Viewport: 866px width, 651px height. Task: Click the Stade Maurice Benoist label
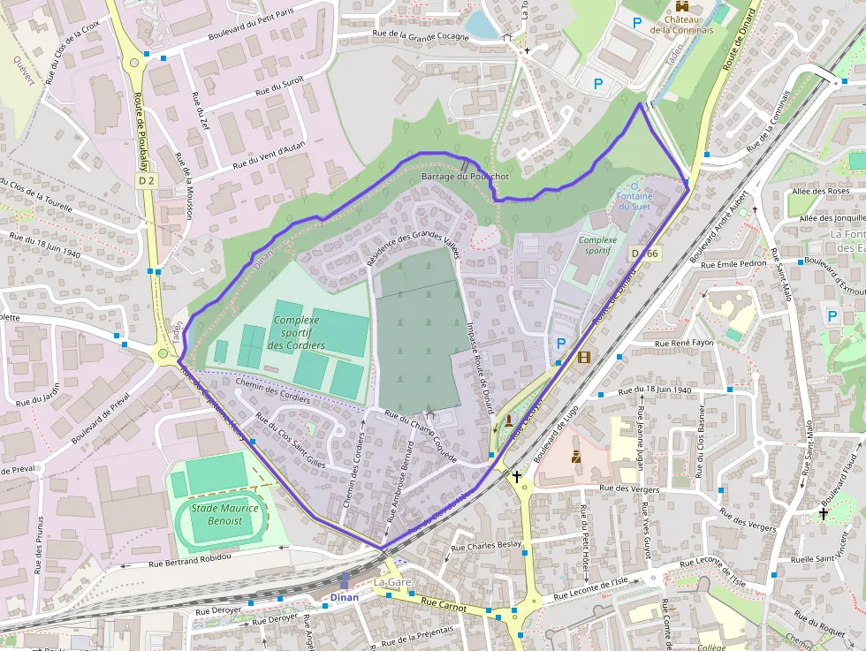pyautogui.click(x=225, y=513)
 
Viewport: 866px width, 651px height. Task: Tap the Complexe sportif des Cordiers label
pyautogui.click(x=296, y=333)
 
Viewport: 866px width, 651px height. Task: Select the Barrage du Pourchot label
pyautogui.click(x=465, y=177)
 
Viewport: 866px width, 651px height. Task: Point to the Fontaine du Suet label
pyautogui.click(x=634, y=201)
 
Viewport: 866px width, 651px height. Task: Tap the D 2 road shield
pyautogui.click(x=146, y=181)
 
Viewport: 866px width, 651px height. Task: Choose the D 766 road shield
pyautogui.click(x=645, y=254)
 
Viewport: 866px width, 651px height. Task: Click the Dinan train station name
pyautogui.click(x=345, y=597)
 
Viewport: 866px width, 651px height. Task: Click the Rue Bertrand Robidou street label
pyautogui.click(x=189, y=558)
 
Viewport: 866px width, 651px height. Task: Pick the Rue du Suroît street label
pyautogui.click(x=279, y=87)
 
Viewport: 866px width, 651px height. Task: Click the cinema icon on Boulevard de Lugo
pyautogui.click(x=582, y=357)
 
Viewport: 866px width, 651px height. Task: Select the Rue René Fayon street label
pyautogui.click(x=683, y=343)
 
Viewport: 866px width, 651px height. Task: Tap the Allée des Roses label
pyautogui.click(x=821, y=191)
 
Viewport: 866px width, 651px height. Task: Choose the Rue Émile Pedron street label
pyautogui.click(x=733, y=264)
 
